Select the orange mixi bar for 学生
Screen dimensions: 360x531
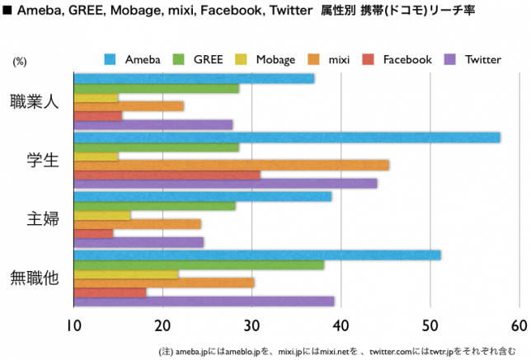click(x=231, y=165)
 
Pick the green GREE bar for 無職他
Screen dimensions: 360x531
click(x=199, y=265)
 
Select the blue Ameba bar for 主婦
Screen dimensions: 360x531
click(x=202, y=197)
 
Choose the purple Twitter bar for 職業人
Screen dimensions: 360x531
click(x=153, y=124)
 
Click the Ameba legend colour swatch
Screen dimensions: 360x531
click(x=110, y=59)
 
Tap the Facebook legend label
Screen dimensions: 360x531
click(x=407, y=59)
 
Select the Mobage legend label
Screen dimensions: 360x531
click(x=275, y=59)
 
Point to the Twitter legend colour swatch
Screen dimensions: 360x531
click(x=450, y=59)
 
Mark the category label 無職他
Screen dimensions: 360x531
click(x=35, y=278)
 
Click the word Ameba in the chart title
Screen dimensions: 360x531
click(x=37, y=14)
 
